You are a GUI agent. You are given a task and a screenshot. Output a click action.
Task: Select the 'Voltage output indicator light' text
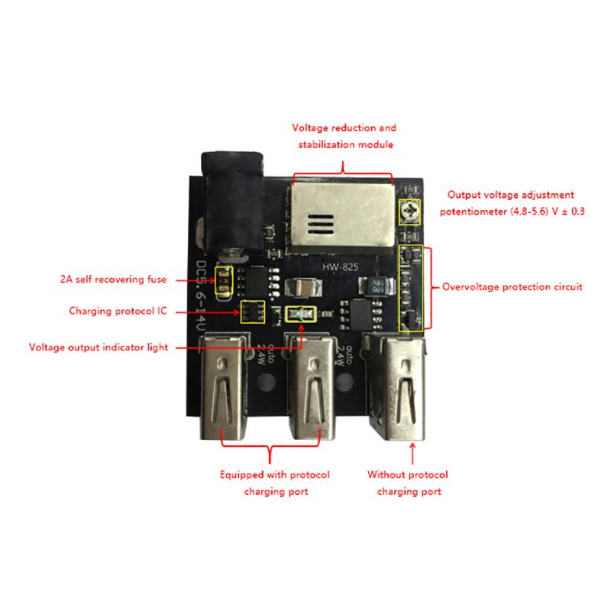[x=99, y=346]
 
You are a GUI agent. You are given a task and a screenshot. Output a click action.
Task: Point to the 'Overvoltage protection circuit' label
[x=512, y=287]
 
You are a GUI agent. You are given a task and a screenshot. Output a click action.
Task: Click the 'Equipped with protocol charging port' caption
[x=276, y=483]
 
